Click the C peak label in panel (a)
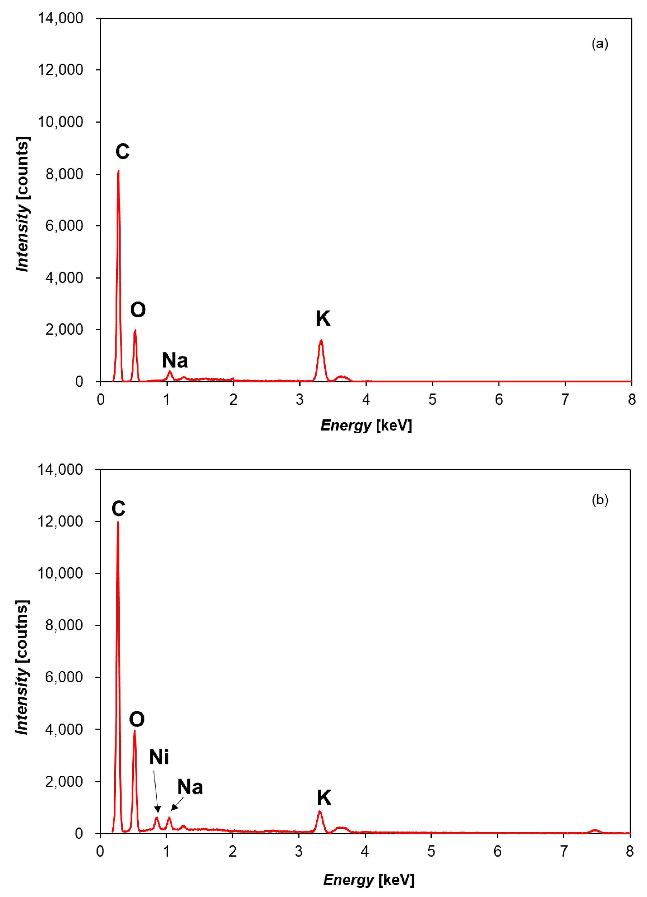click(x=122, y=151)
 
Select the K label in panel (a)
click(x=323, y=319)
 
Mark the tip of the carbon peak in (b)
click(x=118, y=522)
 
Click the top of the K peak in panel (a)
click(x=321, y=341)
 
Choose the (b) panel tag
click(x=599, y=500)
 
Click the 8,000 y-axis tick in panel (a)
click(x=64, y=174)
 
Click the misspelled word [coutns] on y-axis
click(x=22, y=631)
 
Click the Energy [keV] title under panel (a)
click(x=366, y=425)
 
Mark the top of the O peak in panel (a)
click(x=135, y=330)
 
